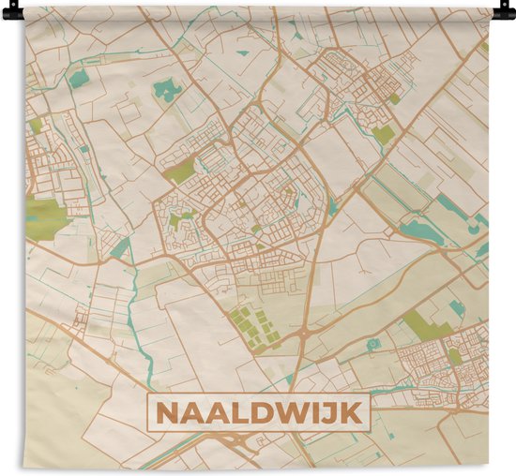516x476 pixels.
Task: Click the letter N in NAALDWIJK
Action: tap(166, 411)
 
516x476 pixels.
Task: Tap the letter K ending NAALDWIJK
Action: tap(356, 411)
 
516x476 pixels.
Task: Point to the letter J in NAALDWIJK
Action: tap(333, 411)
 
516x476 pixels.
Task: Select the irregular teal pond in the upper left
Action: tap(168, 90)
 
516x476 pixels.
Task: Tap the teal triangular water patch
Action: tap(120, 248)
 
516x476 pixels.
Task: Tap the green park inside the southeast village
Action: tap(455, 357)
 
